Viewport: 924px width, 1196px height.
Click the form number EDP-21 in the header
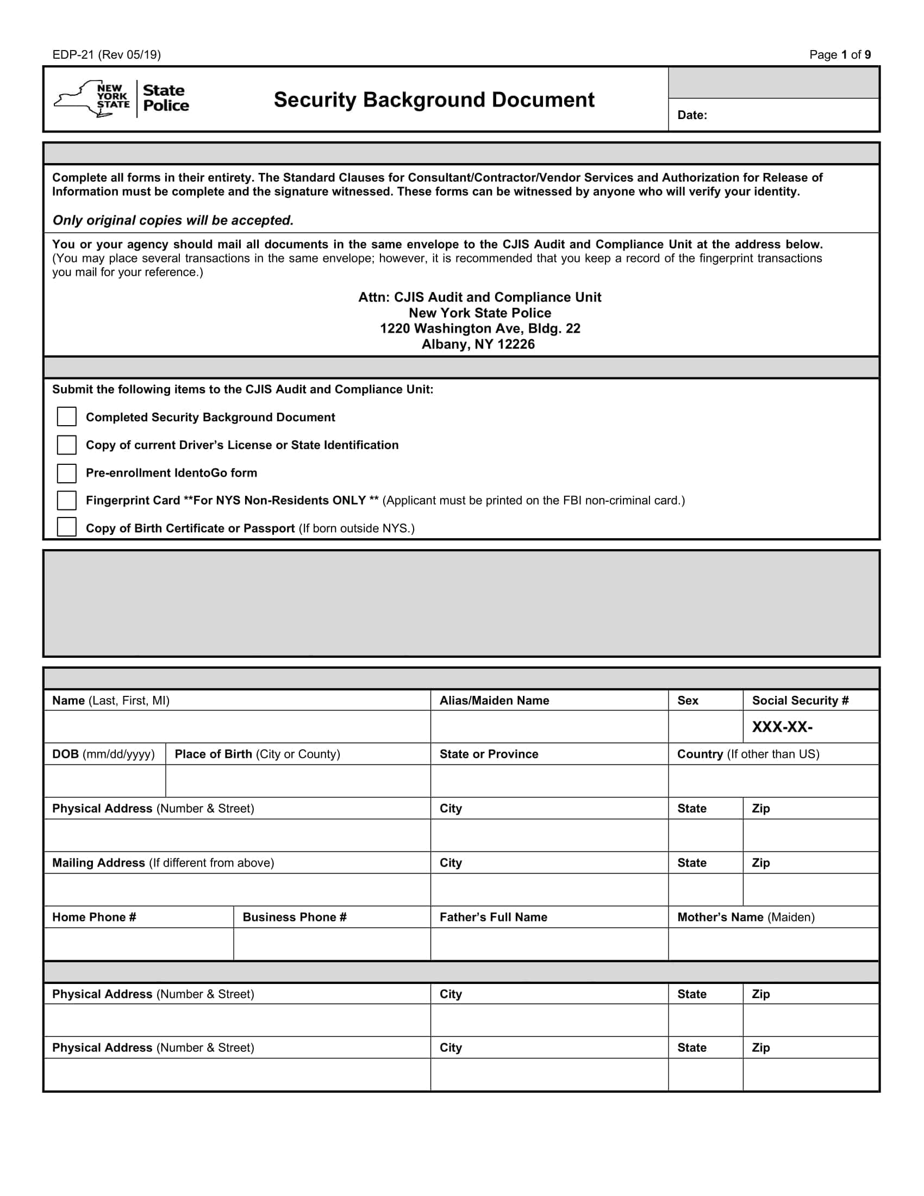pyautogui.click(x=73, y=55)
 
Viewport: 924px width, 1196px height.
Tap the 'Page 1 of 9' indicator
pyautogui.click(x=840, y=55)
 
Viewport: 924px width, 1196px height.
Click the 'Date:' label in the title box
pyautogui.click(x=692, y=115)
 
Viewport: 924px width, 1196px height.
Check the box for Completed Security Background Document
pyautogui.click(x=67, y=417)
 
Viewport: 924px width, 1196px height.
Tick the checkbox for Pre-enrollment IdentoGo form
pyautogui.click(x=67, y=473)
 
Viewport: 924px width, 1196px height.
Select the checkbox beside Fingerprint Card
pyautogui.click(x=67, y=501)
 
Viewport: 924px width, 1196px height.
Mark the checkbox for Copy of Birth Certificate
pyautogui.click(x=67, y=527)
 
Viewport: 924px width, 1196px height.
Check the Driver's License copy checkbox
pyautogui.click(x=67, y=445)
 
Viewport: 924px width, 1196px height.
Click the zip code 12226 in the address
pyautogui.click(x=516, y=345)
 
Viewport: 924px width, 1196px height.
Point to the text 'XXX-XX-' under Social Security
pyautogui.click(x=782, y=727)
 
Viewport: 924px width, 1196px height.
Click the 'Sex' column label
pyautogui.click(x=688, y=700)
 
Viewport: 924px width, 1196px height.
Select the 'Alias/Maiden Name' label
pyautogui.click(x=494, y=700)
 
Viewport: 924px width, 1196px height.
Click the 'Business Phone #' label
pyautogui.click(x=295, y=917)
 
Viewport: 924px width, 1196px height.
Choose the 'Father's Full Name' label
pyautogui.click(x=492, y=917)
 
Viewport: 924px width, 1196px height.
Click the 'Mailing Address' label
pyautogui.click(x=98, y=863)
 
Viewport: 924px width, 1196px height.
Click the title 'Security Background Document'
pyautogui.click(x=434, y=99)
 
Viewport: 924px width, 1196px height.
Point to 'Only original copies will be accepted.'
pyautogui.click(x=173, y=220)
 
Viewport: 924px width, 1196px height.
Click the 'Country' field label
pyautogui.click(x=700, y=754)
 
